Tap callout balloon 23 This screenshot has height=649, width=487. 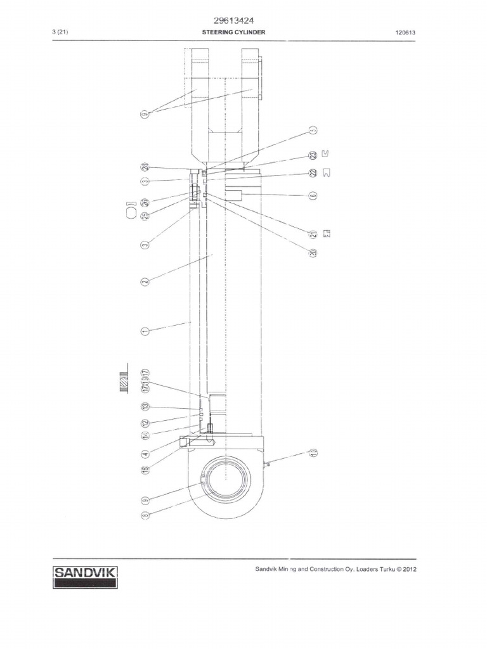[313, 155]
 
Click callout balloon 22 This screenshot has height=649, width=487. [313, 173]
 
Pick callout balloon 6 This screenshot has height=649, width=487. [313, 196]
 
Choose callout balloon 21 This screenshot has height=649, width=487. [313, 234]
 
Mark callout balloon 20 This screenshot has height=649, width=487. [313, 253]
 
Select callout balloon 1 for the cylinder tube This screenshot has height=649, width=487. [145, 331]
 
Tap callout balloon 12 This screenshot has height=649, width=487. [145, 423]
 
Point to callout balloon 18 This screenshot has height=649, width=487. [145, 469]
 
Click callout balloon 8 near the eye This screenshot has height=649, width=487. [145, 515]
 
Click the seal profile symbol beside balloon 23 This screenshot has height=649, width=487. [326, 154]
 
